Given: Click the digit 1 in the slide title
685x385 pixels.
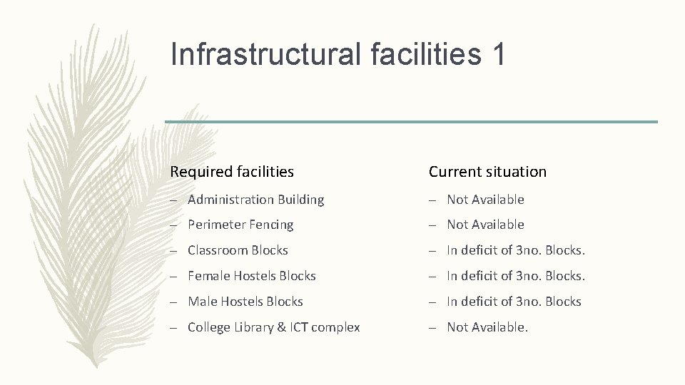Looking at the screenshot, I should [498, 54].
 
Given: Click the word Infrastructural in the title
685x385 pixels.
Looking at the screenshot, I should [266, 54].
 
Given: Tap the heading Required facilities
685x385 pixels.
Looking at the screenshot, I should [232, 171].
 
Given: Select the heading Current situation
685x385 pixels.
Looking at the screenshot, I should [487, 171].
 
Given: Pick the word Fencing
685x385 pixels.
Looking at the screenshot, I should [271, 225].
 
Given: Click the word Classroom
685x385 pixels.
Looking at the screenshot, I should [218, 250].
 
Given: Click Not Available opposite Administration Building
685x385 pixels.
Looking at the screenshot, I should [485, 200].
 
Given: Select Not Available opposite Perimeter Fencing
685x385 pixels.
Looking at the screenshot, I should [485, 225].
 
